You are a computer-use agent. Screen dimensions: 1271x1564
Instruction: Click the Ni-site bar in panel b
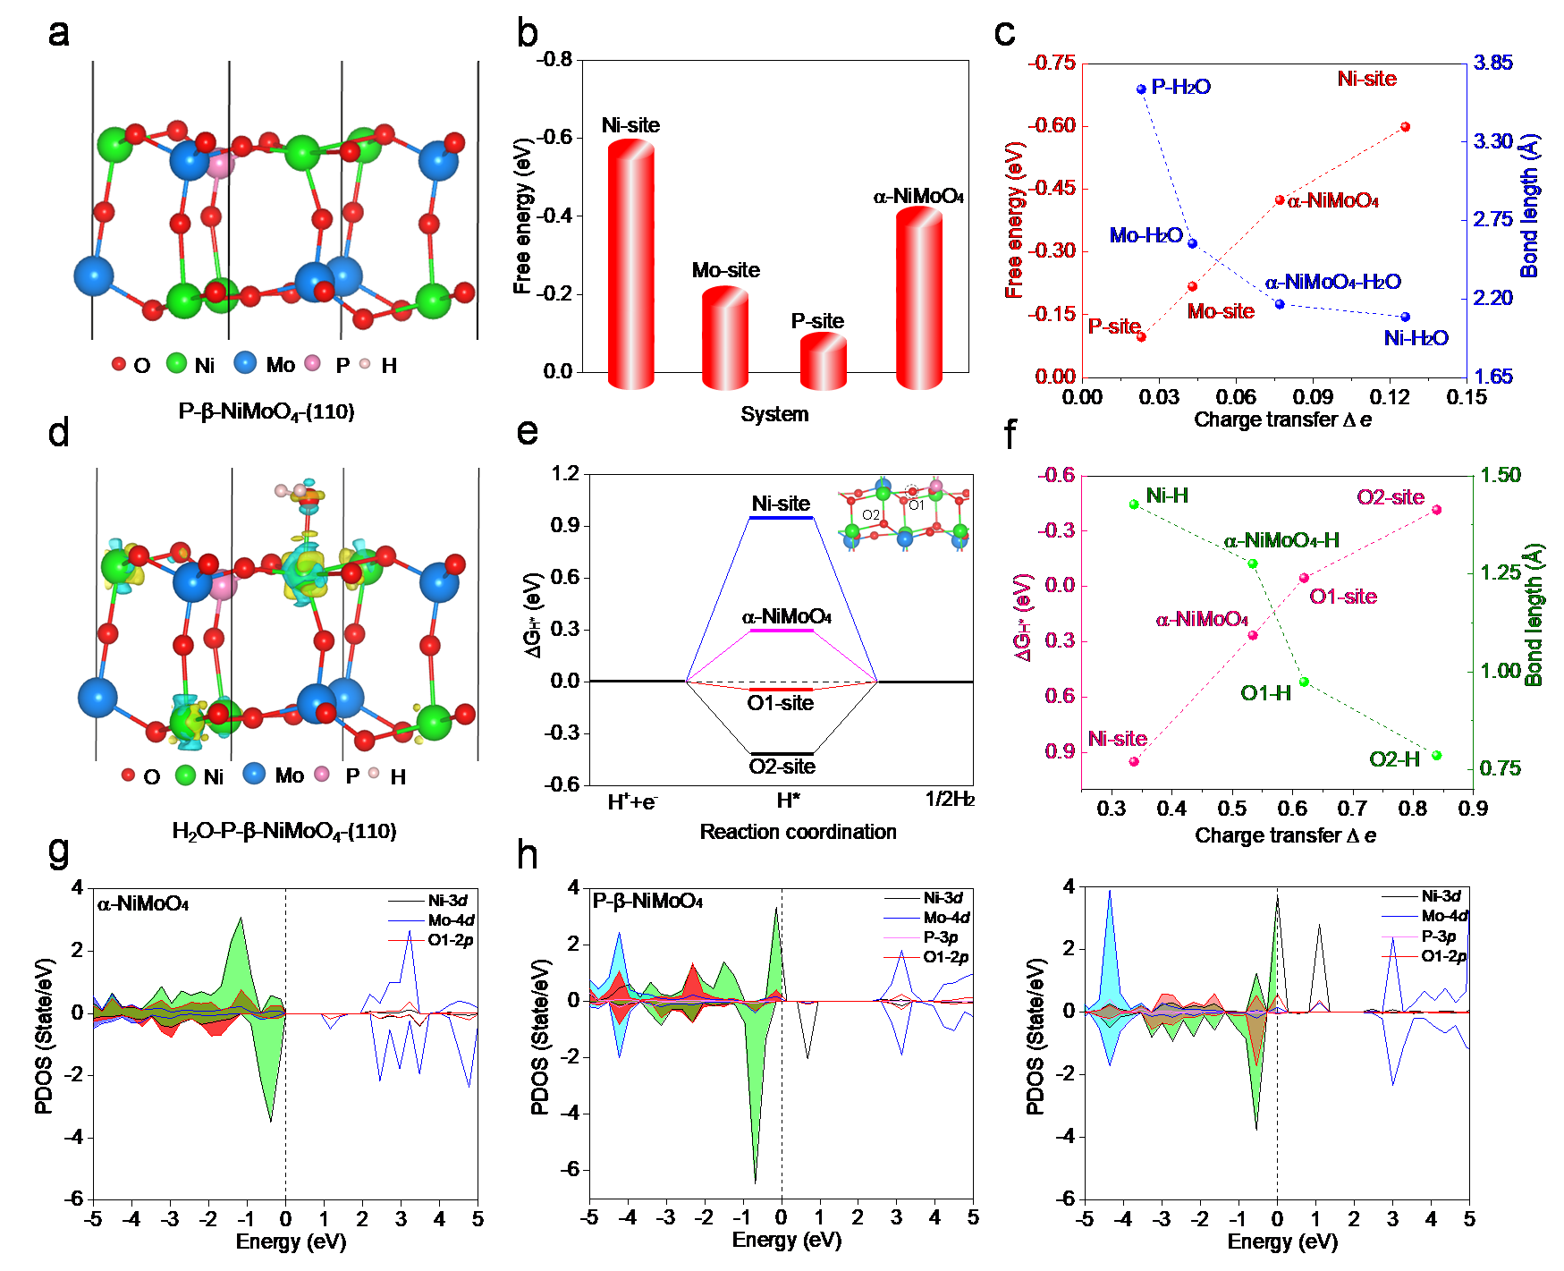pyautogui.click(x=630, y=264)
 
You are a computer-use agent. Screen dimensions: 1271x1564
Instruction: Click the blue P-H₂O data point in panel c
pyautogui.click(x=1141, y=89)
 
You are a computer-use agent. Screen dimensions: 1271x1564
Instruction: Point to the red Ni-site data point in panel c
pyautogui.click(x=1405, y=127)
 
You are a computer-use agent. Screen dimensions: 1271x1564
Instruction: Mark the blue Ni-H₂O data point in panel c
pyautogui.click(x=1405, y=317)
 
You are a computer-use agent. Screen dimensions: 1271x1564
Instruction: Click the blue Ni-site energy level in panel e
pyautogui.click(x=781, y=518)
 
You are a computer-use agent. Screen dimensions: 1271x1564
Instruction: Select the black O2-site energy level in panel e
pyautogui.click(x=781, y=754)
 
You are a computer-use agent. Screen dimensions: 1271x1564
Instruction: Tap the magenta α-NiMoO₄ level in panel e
pyautogui.click(x=781, y=631)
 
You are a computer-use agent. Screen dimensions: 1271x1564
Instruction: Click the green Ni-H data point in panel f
pyautogui.click(x=1134, y=504)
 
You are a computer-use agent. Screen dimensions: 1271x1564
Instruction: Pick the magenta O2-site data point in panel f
pyautogui.click(x=1436, y=510)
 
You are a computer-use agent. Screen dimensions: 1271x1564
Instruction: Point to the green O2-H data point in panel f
pyautogui.click(x=1436, y=755)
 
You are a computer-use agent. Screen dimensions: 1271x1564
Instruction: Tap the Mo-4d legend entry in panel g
pyautogui.click(x=450, y=920)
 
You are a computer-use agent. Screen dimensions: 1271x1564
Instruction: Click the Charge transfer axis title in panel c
pyautogui.click(x=1282, y=419)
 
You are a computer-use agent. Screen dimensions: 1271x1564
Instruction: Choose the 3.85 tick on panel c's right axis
pyautogui.click(x=1492, y=63)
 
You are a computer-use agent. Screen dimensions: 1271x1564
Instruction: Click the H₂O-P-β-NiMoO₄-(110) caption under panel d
pyautogui.click(x=283, y=832)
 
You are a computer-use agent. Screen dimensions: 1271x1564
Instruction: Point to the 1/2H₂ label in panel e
pyautogui.click(x=948, y=800)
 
